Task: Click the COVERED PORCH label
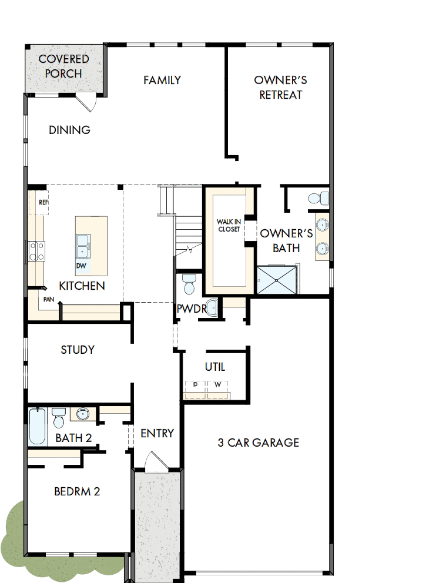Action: click(63, 66)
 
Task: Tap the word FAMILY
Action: click(162, 80)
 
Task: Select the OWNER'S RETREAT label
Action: click(280, 87)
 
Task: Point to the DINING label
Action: click(69, 130)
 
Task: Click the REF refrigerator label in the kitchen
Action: click(43, 202)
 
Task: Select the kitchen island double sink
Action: click(82, 246)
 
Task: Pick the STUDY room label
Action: click(78, 350)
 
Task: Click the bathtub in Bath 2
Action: click(37, 427)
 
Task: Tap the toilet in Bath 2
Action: click(58, 418)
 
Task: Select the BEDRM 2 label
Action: click(77, 491)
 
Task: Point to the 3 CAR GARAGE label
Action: click(259, 443)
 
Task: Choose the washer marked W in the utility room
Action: click(217, 386)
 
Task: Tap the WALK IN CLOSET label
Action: click(228, 225)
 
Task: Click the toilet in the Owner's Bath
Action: click(317, 199)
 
